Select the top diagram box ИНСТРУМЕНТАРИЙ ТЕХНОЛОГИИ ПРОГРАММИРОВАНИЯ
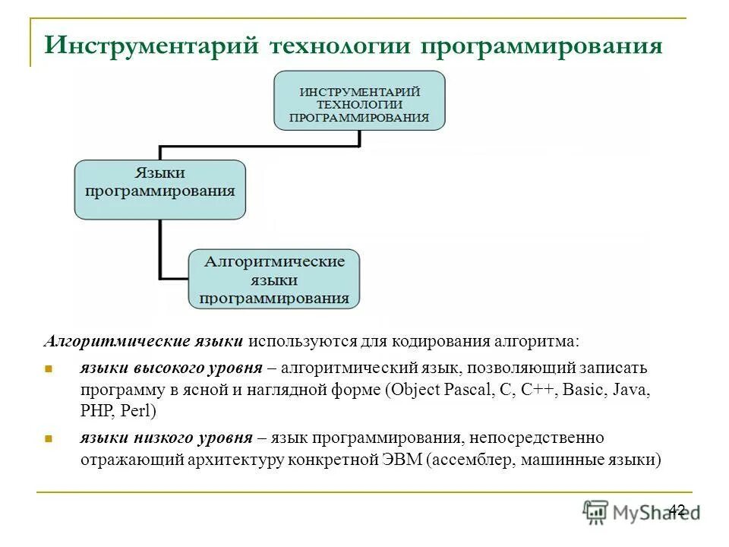359,100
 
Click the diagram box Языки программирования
159,190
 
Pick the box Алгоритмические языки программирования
274,280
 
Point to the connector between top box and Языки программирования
258,144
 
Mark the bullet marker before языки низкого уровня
46,439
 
